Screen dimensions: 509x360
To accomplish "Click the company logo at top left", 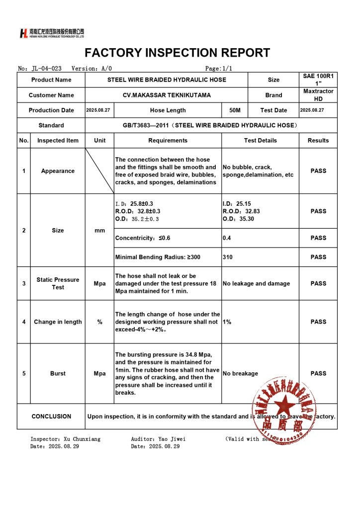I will tap(52, 33).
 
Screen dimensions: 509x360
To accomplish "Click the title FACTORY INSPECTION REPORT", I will tap(178, 53).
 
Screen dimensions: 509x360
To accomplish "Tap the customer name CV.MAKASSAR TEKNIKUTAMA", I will tap(167, 95).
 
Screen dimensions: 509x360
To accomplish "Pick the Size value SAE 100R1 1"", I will tap(318, 80).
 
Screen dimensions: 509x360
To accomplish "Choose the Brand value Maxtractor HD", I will tap(318, 95).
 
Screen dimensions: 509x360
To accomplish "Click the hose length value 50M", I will tap(235, 110).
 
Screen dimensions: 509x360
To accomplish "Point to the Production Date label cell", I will tap(51, 110).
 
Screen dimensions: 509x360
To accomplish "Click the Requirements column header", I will tap(168, 141).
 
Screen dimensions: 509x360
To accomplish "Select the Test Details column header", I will tap(260, 141).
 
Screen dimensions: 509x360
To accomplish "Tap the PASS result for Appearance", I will tap(318, 171).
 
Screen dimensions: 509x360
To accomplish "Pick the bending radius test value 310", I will tap(228, 257).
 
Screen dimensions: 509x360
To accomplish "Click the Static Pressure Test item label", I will tap(58, 283).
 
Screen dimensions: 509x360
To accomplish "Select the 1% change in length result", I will tap(227, 322).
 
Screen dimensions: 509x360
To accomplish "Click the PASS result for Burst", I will tap(318, 373).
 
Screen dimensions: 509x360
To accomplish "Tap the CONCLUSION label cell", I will tap(51, 417).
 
